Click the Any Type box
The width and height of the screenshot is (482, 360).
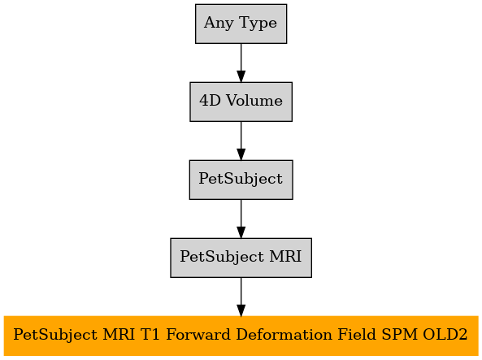click(x=241, y=24)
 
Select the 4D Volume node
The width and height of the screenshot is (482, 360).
click(x=241, y=102)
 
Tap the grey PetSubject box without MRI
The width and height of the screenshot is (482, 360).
click(x=241, y=180)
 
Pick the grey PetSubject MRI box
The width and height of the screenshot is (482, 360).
click(x=241, y=258)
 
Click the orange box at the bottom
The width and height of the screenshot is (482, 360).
click(x=241, y=336)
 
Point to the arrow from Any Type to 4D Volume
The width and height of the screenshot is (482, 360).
click(x=241, y=63)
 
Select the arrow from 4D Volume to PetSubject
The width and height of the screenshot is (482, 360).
click(x=241, y=141)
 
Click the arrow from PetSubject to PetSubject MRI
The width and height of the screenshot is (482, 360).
click(x=241, y=219)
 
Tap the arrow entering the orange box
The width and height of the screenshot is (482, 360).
click(x=241, y=297)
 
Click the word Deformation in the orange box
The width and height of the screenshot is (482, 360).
click(x=284, y=335)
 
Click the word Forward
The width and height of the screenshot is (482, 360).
click(x=198, y=335)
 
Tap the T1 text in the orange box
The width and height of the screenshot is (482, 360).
click(x=150, y=335)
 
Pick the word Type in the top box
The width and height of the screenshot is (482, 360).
click(x=258, y=24)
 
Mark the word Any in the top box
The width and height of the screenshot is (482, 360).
click(x=219, y=24)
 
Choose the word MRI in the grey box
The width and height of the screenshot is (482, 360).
click(x=285, y=257)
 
